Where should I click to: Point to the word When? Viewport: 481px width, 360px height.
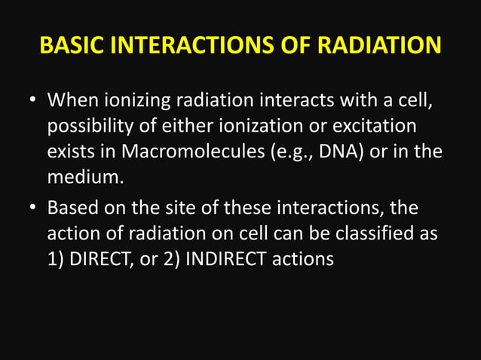(71, 100)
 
